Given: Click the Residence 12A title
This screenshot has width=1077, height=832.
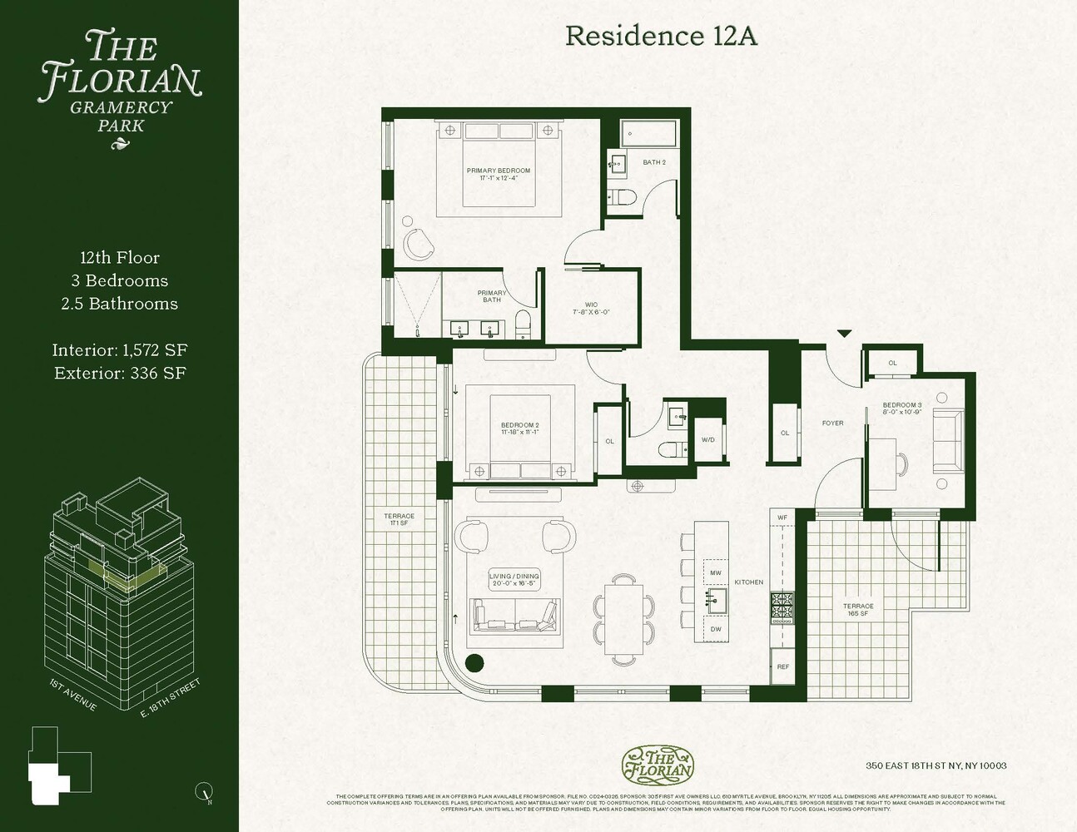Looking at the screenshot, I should pyautogui.click(x=661, y=36).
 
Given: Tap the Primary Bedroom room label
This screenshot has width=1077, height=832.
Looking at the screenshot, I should pyautogui.click(x=498, y=174).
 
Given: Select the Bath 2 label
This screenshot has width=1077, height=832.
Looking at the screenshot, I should pyautogui.click(x=654, y=162).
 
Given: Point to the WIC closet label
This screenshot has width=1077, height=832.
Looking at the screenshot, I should pyautogui.click(x=591, y=309).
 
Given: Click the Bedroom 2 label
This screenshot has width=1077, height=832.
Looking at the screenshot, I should pyautogui.click(x=519, y=428).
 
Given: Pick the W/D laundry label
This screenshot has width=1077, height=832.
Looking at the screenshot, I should pyautogui.click(x=707, y=440).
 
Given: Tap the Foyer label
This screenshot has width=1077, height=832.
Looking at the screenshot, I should pyautogui.click(x=832, y=423).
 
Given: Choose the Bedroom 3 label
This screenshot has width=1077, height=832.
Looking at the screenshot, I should pyautogui.click(x=901, y=409).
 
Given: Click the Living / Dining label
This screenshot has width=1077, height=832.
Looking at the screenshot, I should pyautogui.click(x=514, y=580).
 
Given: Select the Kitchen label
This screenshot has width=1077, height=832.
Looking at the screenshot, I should pyautogui.click(x=748, y=582).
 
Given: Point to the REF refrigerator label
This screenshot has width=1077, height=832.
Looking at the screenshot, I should pyautogui.click(x=782, y=667).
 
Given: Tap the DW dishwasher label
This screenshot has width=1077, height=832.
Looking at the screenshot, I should pyautogui.click(x=716, y=629).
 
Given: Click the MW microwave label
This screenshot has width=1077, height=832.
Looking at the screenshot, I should pyautogui.click(x=716, y=573).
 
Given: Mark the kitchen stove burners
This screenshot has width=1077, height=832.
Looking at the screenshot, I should pyautogui.click(x=782, y=607).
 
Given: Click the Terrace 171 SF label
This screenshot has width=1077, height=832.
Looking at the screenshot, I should pyautogui.click(x=399, y=519).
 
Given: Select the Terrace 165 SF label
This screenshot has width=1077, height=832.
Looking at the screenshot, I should pyautogui.click(x=858, y=610).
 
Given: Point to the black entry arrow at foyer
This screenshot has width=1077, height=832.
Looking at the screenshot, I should pyautogui.click(x=844, y=334).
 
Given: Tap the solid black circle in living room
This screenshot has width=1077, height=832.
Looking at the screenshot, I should pyautogui.click(x=474, y=663).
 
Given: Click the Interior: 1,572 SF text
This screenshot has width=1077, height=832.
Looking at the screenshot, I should pyautogui.click(x=119, y=350).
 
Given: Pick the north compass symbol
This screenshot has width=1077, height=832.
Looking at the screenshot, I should pyautogui.click(x=202, y=792).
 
